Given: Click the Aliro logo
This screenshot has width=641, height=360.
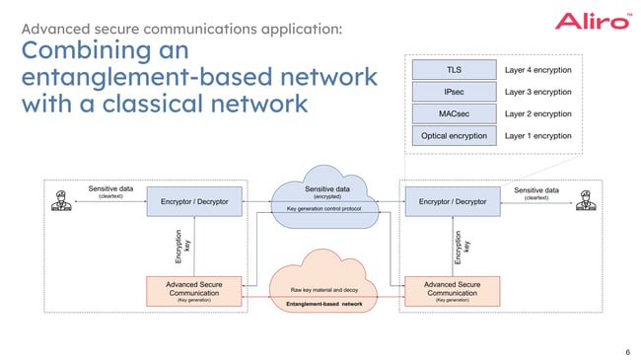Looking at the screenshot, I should click(592, 21).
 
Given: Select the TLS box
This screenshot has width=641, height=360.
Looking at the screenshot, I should click(455, 70).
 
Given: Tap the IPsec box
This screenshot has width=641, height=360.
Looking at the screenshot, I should click(455, 92).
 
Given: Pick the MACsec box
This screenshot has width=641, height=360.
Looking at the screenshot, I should click(455, 113).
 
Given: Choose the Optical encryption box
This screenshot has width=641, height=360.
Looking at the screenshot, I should click(455, 135).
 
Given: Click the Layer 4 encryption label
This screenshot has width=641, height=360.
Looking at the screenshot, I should click(537, 70).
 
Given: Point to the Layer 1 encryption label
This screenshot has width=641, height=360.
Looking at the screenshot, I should click(537, 135).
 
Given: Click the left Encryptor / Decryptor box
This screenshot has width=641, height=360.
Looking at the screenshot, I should click(194, 202).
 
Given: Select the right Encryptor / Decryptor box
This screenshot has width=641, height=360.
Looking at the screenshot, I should click(453, 202).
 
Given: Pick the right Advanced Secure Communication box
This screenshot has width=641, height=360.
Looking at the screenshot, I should click(453, 290).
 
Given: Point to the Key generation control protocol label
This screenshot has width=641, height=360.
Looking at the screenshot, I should click(324, 209).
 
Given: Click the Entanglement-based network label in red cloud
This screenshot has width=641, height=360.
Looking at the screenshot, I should click(324, 305).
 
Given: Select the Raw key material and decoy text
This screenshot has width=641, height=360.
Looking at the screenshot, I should click(324, 290).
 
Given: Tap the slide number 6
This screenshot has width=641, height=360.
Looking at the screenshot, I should click(627, 350).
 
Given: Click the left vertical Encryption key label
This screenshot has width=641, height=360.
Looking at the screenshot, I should click(181, 247).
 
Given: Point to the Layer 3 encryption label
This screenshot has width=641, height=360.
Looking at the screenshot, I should click(537, 92).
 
